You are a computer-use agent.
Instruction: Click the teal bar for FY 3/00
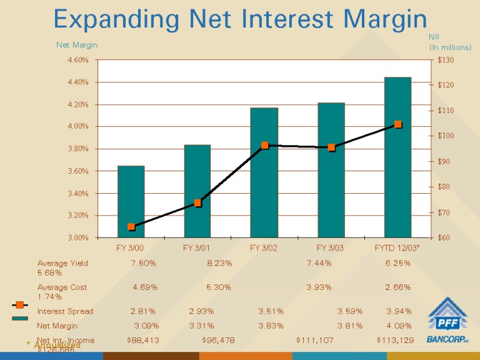[x=131, y=201]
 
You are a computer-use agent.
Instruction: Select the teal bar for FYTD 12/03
[x=397, y=157]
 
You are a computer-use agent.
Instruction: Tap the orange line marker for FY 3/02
[x=264, y=145]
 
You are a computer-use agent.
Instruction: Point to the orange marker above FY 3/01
[x=197, y=202]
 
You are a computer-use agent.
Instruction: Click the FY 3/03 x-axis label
[x=330, y=247]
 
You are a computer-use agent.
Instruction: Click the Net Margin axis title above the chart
[x=77, y=45]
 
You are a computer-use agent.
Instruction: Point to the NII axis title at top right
[x=434, y=38]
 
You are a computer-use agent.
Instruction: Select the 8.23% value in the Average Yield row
[x=219, y=263]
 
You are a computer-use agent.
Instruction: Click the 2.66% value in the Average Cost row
[x=397, y=287]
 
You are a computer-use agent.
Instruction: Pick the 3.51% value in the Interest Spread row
[x=271, y=311]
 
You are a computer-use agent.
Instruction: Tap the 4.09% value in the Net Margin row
[x=399, y=326]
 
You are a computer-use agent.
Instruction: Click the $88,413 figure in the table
[x=142, y=340]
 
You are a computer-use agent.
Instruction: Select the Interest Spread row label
[x=65, y=311]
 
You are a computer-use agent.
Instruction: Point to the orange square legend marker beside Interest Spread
[x=20, y=305]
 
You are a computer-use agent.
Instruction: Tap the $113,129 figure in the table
[x=395, y=340]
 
